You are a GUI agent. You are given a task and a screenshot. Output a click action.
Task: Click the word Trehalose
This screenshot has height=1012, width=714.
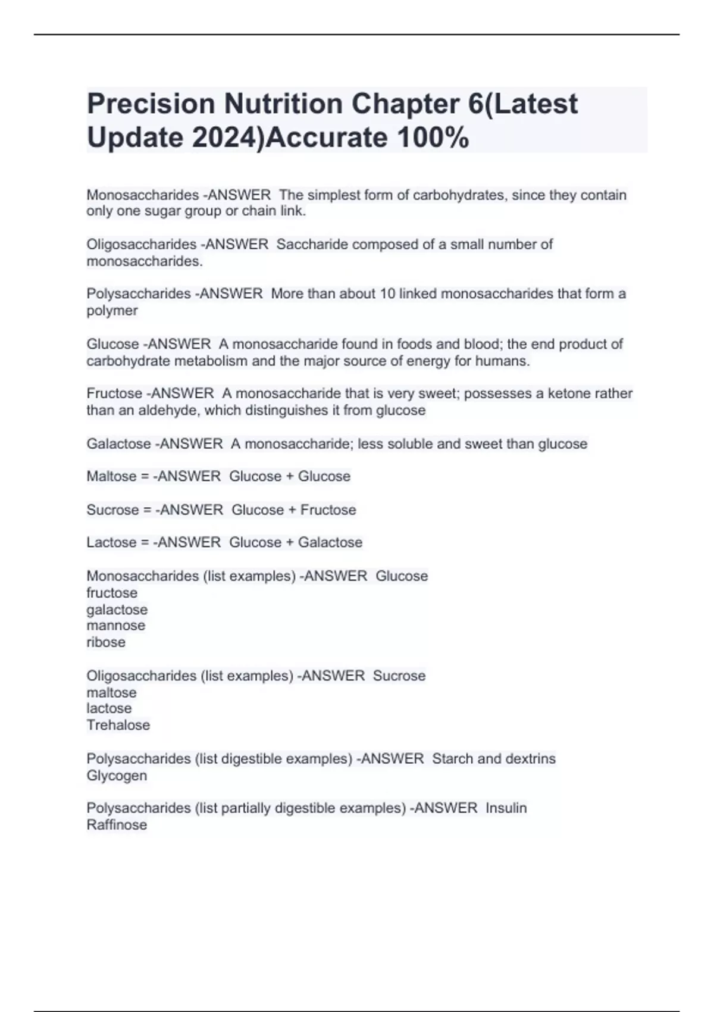point(118,725)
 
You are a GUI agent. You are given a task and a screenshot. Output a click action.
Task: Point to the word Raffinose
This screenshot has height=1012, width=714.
point(117,824)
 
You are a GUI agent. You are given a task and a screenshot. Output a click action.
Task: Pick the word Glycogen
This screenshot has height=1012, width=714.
point(117,776)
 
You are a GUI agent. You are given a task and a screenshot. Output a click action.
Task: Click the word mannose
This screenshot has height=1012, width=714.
point(115,626)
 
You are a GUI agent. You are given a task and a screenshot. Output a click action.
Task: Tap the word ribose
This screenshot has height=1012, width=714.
point(106,642)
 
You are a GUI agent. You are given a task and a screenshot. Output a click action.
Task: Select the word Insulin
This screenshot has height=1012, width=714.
point(506,808)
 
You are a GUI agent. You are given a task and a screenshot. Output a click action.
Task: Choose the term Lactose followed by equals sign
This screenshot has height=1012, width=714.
point(111,542)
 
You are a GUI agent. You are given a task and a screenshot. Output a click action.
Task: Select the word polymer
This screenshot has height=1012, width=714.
point(112,311)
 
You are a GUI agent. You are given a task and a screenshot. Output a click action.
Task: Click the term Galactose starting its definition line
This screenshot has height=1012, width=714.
point(118,443)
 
